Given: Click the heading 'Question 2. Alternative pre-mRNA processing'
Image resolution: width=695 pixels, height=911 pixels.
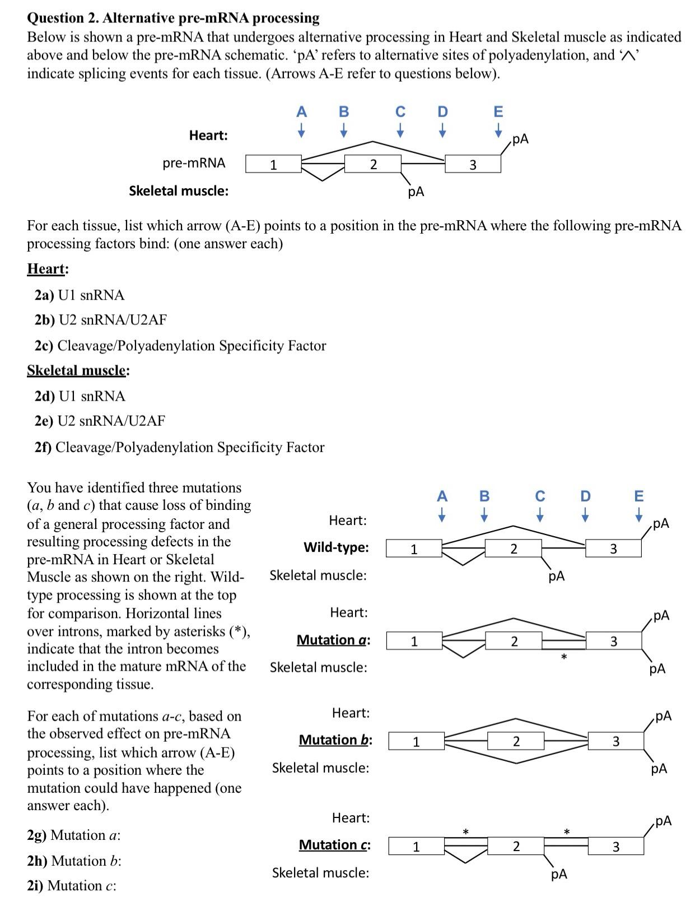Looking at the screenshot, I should (x=173, y=18).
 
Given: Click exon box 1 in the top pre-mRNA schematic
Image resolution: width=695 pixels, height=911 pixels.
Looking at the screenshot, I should (x=273, y=164).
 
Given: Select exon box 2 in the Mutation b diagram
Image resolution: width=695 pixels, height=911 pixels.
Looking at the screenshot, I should (x=515, y=741).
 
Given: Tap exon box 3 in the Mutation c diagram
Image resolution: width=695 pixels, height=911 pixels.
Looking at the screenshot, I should (x=615, y=846).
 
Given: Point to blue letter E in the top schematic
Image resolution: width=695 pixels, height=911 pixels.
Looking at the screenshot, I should (x=498, y=111).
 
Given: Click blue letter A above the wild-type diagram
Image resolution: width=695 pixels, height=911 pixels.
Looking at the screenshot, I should (x=442, y=496).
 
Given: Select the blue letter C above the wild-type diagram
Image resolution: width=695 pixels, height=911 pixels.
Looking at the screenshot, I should (x=539, y=496).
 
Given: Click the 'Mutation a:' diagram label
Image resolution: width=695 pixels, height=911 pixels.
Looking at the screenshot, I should (x=333, y=640).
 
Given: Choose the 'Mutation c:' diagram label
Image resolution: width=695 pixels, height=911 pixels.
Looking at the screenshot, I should (x=334, y=844).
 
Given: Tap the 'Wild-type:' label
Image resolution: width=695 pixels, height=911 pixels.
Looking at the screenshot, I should (x=336, y=547).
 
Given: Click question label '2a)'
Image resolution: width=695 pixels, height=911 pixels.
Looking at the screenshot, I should (x=45, y=295).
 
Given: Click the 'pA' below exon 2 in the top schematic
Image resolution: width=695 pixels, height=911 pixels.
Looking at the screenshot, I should (x=416, y=192).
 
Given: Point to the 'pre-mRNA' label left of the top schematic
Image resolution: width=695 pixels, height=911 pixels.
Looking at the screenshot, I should (x=194, y=163).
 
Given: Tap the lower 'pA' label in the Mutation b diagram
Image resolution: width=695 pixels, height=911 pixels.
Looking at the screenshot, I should (x=659, y=769).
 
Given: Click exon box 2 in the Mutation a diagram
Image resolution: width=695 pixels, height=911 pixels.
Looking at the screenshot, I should (x=514, y=640).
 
